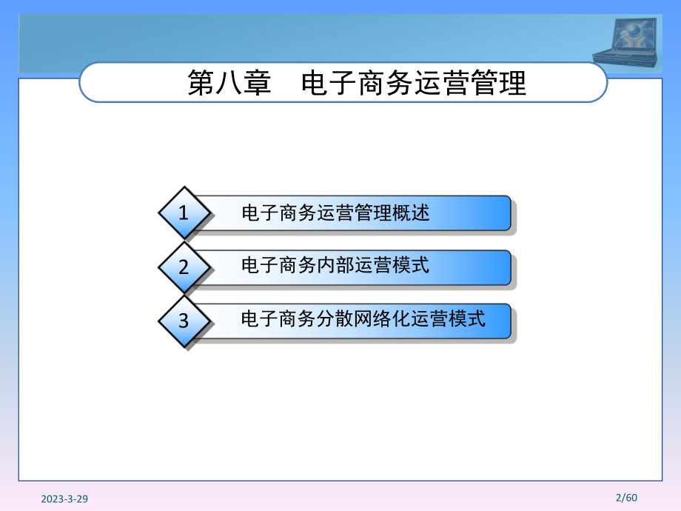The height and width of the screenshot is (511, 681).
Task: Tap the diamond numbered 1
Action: point(184,213)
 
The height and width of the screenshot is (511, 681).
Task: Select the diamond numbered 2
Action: point(184,267)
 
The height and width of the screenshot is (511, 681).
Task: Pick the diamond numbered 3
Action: point(184,321)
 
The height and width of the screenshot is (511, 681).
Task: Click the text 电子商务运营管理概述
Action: point(335,213)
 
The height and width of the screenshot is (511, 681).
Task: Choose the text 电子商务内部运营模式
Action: point(335,265)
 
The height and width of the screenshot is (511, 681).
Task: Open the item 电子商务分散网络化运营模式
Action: point(363,319)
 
